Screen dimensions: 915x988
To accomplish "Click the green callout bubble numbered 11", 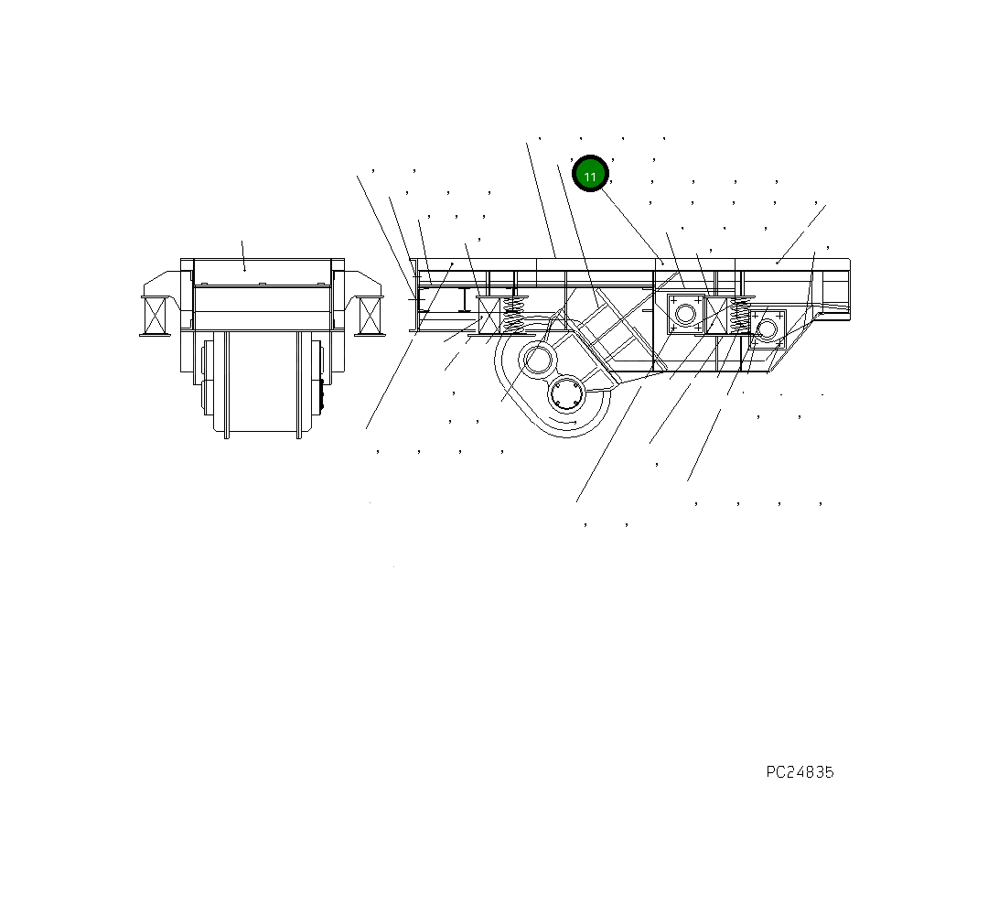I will (590, 174).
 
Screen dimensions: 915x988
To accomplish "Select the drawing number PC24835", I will (800, 772).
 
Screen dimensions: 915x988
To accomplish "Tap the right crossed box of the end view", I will (370, 316).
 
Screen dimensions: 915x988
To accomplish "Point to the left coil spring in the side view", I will (514, 317).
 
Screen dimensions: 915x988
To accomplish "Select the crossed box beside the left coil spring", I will (489, 316).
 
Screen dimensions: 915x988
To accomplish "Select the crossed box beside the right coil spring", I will (716, 315).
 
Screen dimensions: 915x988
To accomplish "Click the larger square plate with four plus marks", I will (684, 314).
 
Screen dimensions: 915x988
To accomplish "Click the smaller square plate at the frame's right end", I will (767, 328).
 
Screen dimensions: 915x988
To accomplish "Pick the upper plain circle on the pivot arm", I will (537, 360).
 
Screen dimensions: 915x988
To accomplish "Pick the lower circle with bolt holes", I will (566, 395).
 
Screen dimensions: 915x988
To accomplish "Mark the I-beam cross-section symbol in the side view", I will (466, 298).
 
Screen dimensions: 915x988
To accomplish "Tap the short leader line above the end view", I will (243, 255).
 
